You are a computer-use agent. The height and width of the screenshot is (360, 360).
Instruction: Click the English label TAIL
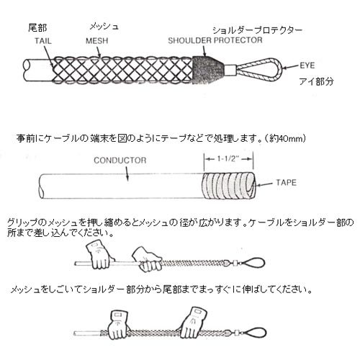pos(43,41)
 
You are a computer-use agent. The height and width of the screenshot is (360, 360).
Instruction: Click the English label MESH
pos(97,41)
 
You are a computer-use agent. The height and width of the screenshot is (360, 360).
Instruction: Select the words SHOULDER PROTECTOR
pos(215,40)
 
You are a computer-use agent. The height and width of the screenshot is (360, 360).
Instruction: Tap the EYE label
pos(307,66)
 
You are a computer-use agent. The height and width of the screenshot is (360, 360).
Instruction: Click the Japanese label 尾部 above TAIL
pos(37,28)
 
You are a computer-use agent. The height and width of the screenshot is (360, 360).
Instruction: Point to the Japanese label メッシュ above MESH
pos(104,27)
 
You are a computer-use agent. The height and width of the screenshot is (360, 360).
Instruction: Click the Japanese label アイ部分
pos(316,81)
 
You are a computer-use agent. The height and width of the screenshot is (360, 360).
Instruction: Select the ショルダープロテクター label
pos(257,30)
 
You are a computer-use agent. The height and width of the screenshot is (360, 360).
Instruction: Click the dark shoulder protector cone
pos(208,70)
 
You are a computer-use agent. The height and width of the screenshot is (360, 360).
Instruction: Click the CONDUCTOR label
pos(120,161)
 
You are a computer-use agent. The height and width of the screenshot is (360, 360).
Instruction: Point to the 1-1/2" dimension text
pos(228,158)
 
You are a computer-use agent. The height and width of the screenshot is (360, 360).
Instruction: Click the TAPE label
pos(286,183)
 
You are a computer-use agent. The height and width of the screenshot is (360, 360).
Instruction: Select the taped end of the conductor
pos(228,186)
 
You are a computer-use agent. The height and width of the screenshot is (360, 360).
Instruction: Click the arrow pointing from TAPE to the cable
pos(264,185)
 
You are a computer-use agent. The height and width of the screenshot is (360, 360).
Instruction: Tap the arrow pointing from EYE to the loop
pos(291,67)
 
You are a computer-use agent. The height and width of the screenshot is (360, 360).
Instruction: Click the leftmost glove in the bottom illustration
pos(117,325)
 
